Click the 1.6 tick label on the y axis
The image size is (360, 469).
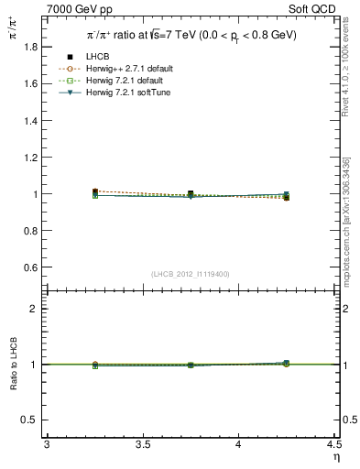[28, 83]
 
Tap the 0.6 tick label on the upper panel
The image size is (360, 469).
[28, 267]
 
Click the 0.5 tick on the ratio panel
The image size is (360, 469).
[28, 420]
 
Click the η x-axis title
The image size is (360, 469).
[335, 456]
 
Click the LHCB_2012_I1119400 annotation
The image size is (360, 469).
[191, 273]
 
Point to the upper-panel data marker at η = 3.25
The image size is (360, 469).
[95, 192]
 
